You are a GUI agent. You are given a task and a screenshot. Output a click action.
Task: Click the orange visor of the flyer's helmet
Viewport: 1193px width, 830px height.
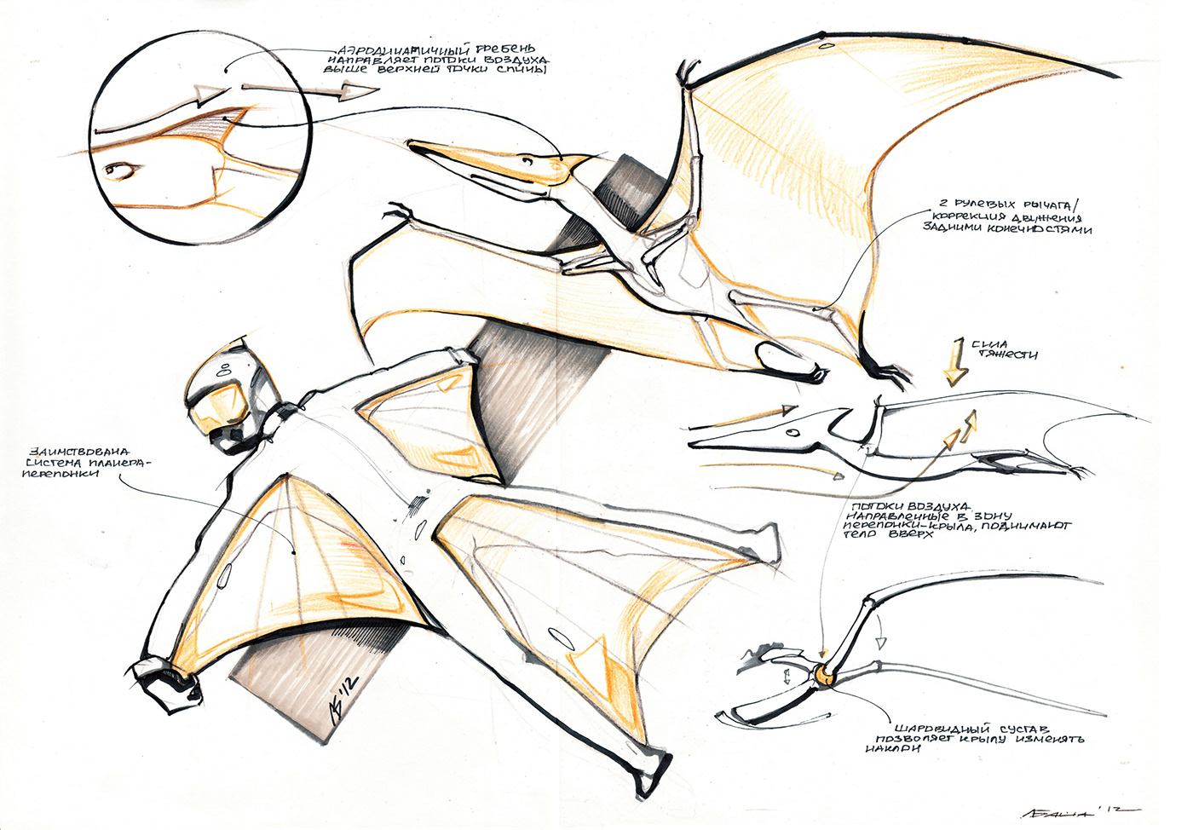216,405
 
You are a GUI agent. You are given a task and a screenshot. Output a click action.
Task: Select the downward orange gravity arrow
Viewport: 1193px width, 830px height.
954,366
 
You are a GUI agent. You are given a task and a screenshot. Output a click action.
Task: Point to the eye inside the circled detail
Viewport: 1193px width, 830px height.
119,171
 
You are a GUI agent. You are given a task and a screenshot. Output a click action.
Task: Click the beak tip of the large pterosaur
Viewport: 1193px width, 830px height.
412,146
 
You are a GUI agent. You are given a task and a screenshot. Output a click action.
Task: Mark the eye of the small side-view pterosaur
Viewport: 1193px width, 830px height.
794,433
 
